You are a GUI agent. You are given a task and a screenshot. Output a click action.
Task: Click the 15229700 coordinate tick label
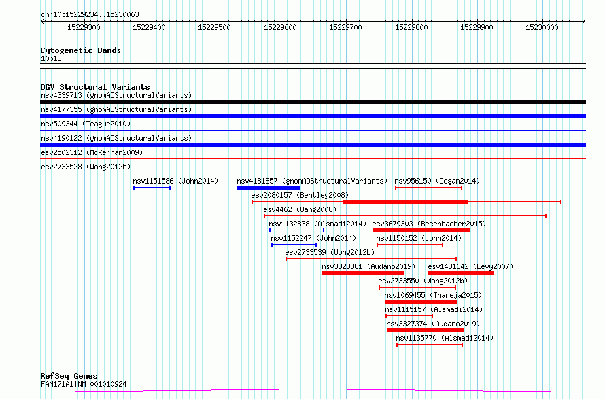coord(345,27)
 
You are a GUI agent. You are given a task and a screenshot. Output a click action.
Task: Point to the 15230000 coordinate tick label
coord(542,27)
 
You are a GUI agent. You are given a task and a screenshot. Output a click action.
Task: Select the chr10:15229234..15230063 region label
coord(90,15)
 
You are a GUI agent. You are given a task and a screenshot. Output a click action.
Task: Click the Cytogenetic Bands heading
coord(81,50)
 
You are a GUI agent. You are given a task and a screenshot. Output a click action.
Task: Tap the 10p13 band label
coord(51,58)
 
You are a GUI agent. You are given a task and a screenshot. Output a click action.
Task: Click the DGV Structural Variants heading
coord(95,87)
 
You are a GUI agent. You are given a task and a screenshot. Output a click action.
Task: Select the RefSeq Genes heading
coord(69,376)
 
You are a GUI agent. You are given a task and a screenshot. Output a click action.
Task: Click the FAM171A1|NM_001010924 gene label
coord(84,384)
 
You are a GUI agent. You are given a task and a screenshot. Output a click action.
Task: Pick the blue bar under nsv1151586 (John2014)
coord(152,188)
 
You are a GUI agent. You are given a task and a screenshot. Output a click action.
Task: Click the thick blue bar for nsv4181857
coord(269,188)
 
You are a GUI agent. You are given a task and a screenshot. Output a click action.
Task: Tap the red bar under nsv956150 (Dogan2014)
coord(429,188)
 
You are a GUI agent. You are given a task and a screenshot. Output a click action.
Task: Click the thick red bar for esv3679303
coord(421,230)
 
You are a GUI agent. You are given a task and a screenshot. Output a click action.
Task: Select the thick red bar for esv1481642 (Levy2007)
coord(461,273)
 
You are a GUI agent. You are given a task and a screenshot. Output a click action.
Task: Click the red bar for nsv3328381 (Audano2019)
coord(363,273)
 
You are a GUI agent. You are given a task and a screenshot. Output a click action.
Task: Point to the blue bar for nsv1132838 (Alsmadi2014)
coord(296,230)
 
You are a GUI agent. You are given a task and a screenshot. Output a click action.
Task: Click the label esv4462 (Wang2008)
coord(300,209)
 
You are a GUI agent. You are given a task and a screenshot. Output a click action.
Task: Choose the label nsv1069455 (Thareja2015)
coord(433,295)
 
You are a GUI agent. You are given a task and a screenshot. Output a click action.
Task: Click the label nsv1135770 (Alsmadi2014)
coord(445,338)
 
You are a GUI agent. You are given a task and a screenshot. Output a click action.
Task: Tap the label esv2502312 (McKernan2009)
coord(92,152)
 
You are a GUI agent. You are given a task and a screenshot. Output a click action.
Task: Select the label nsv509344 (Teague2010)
coord(86,124)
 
